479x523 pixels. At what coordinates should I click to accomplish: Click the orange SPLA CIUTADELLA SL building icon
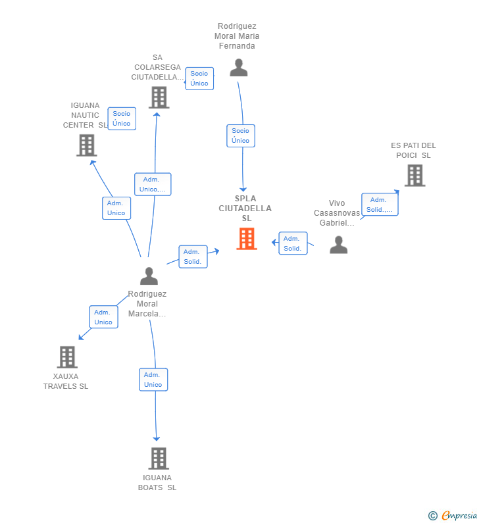coord(247,239)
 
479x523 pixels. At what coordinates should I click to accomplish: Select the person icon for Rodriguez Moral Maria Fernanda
coord(238,67)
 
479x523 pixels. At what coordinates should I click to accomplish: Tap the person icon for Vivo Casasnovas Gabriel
coord(339,245)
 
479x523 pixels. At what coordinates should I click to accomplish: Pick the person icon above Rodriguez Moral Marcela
coord(149,276)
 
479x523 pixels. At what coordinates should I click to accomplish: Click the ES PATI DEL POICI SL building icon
coord(415,176)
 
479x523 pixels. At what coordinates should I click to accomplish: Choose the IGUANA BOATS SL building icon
coord(159,459)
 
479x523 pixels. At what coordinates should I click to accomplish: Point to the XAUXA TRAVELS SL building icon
coord(67,357)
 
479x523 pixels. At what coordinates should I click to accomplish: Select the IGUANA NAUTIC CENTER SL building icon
coord(87,145)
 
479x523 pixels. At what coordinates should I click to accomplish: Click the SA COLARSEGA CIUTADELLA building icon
coord(159,97)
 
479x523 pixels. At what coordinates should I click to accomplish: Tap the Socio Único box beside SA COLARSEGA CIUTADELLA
coord(199,78)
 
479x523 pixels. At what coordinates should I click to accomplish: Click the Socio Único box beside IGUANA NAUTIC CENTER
coord(122,118)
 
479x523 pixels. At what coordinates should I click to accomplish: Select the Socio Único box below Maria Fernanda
coord(241,136)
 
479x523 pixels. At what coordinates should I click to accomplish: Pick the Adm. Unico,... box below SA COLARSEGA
coord(153,184)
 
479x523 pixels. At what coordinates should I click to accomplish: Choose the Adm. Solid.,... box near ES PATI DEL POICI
coord(380,205)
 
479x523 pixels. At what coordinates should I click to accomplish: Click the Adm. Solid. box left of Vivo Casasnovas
coord(293,243)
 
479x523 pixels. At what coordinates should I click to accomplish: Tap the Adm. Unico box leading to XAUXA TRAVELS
coord(104,317)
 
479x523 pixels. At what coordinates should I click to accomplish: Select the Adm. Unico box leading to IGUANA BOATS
coord(153,380)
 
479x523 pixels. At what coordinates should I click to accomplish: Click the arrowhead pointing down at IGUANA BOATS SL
coord(156,439)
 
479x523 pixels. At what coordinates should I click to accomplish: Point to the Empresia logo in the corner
coord(453,516)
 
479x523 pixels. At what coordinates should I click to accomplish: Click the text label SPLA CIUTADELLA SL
coord(245,209)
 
